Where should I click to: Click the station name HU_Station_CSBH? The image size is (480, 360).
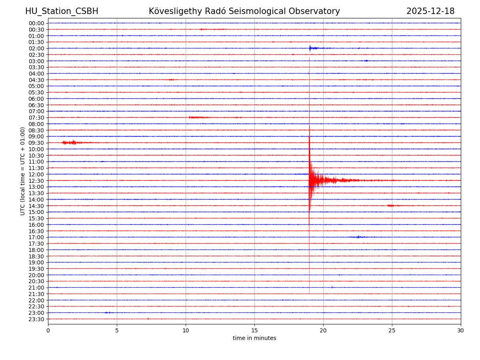(62, 11)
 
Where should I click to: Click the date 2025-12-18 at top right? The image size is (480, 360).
(430, 11)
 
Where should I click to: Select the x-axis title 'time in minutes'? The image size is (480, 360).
(254, 338)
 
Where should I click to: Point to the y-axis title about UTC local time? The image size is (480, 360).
(23, 171)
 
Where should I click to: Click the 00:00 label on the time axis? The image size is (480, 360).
(36, 23)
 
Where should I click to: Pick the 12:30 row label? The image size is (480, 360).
(36, 181)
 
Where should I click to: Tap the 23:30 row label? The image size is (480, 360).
(36, 319)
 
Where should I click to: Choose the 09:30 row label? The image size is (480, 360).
(36, 143)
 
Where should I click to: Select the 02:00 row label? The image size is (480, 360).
(36, 48)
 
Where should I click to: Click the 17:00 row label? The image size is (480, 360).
(36, 237)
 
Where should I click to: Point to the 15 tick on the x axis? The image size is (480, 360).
(254, 330)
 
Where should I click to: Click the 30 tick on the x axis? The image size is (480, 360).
(461, 330)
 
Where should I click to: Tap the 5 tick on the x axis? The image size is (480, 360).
(117, 330)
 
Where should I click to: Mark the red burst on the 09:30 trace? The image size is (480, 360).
(70, 142)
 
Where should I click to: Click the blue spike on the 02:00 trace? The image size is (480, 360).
(310, 48)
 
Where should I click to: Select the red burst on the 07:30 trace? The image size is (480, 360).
(199, 117)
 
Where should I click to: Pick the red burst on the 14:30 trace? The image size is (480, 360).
(391, 206)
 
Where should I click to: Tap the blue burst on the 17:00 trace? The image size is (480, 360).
(358, 237)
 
